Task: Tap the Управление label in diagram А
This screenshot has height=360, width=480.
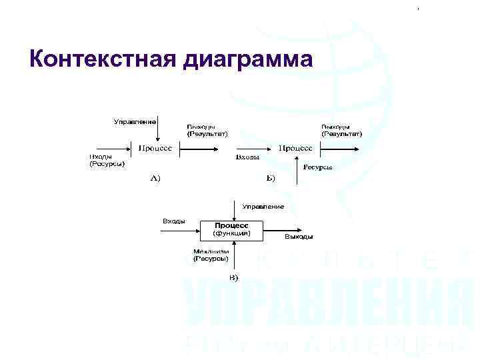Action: pyautogui.click(x=135, y=121)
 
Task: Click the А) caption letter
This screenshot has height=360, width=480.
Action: pyautogui.click(x=155, y=178)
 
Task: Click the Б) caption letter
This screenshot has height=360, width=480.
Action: pyautogui.click(x=271, y=178)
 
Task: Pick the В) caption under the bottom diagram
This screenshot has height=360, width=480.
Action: pyautogui.click(x=233, y=277)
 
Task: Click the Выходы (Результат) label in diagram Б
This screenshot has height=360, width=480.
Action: pyautogui.click(x=341, y=130)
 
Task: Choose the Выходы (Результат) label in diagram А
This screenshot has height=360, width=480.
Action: pyautogui.click(x=207, y=130)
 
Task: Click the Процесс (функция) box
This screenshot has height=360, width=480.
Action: pyautogui.click(x=231, y=229)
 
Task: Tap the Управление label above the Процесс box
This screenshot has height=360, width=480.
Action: pyautogui.click(x=263, y=206)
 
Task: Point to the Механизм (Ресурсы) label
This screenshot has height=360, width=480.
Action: pyautogui.click(x=211, y=255)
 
